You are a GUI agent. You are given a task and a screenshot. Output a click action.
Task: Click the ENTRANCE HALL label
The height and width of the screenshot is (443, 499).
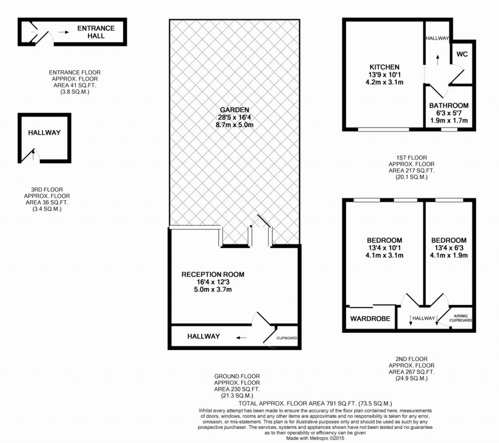96,32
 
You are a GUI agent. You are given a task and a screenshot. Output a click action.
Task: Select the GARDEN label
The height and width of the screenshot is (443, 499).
234,110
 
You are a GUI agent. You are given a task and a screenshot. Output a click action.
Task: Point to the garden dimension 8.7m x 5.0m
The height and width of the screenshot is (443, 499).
234,125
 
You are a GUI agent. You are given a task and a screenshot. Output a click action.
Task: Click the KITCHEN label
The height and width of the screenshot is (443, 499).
384,67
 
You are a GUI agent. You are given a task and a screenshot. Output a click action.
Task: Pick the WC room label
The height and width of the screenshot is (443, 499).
462,54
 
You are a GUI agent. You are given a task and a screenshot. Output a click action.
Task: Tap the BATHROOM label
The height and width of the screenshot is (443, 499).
449,105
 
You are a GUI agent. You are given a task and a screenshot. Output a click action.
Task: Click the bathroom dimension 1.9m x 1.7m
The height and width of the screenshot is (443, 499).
449,120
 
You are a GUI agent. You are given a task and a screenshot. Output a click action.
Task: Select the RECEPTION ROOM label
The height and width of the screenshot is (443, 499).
213,274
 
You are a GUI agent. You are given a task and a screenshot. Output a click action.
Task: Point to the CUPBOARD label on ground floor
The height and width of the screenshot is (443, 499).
287,338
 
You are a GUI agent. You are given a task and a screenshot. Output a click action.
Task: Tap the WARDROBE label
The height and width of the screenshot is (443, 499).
370,319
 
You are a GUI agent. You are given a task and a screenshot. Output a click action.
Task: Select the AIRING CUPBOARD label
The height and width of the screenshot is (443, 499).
461,318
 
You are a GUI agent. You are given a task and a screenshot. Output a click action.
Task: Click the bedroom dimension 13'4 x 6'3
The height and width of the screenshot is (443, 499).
449,248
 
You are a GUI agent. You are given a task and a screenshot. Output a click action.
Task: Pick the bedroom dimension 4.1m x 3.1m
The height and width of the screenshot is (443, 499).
384,255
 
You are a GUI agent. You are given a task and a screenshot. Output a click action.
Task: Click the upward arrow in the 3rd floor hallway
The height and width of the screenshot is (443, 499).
33,154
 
